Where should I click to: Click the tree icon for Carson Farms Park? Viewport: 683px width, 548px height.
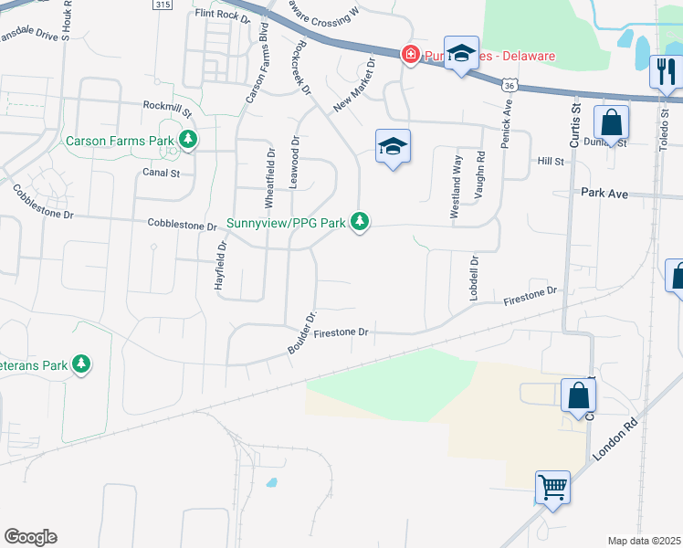coord(188,140)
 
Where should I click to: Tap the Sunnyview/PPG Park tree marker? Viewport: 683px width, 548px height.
coord(361,222)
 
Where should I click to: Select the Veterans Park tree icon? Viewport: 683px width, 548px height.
coord(82,364)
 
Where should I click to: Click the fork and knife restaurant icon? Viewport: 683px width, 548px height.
coord(664,71)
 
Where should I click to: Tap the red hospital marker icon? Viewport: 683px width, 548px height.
coord(411,56)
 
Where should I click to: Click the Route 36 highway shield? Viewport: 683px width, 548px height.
coord(510,84)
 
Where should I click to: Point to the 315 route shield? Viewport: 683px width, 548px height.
coord(163,5)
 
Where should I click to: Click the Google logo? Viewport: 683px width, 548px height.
coord(30,537)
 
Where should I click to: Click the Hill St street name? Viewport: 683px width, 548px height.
coord(551,161)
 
